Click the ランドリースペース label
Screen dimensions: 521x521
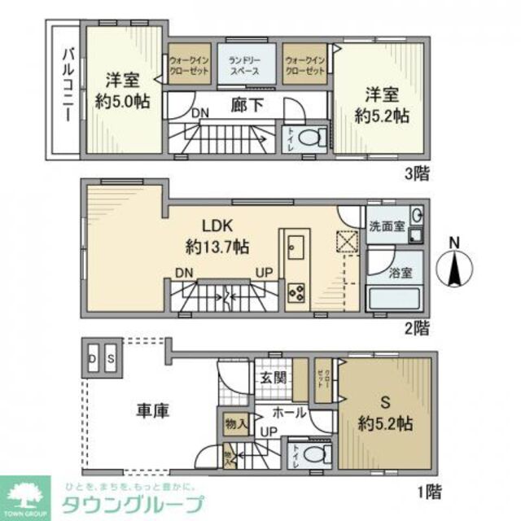tap(243, 65)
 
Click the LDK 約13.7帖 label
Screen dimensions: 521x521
tap(215, 235)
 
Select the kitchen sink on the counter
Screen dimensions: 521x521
tap(296, 247)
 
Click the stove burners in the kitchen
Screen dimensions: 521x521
tap(296, 291)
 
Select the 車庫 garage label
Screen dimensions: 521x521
tap(151, 412)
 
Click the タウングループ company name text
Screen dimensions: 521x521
tap(134, 504)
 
